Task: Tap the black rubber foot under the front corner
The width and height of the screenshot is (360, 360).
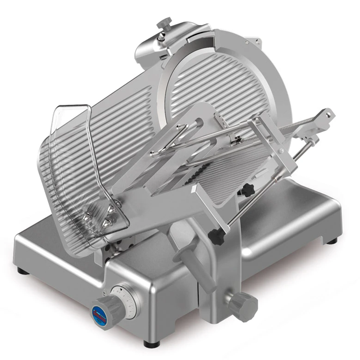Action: pos(152,344)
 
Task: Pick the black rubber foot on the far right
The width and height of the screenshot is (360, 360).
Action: pos(332,241)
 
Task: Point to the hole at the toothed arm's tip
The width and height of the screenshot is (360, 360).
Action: pos(328,114)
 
